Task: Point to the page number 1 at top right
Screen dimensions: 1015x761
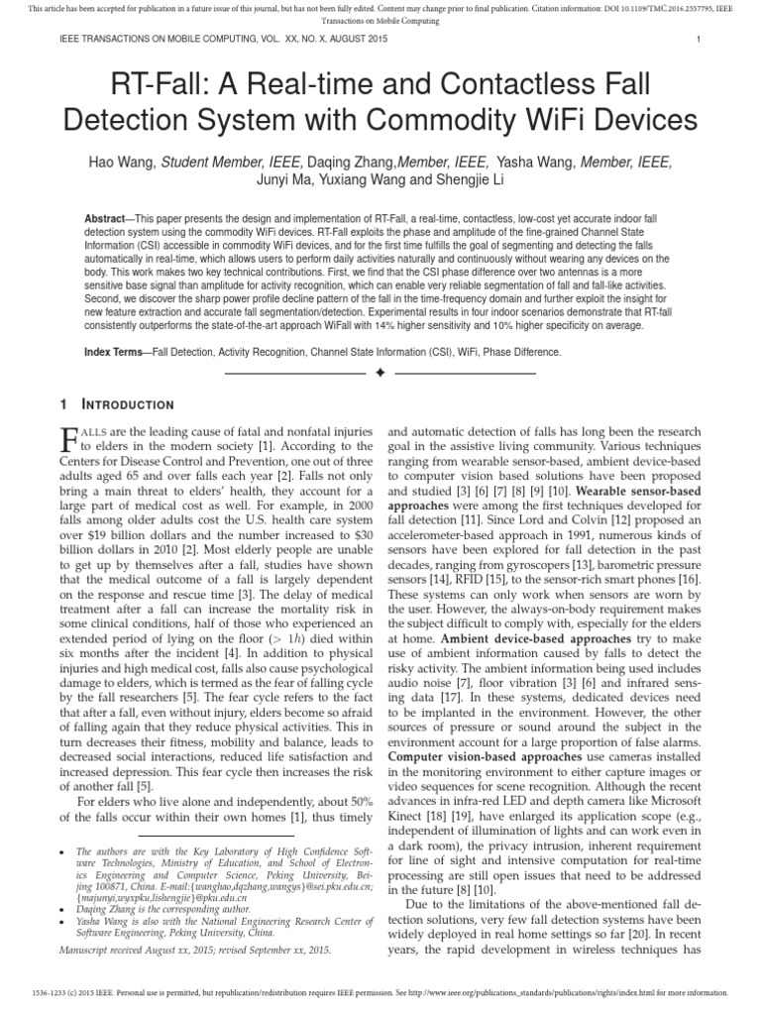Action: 699,41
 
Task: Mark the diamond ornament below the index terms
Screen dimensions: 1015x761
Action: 380,374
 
